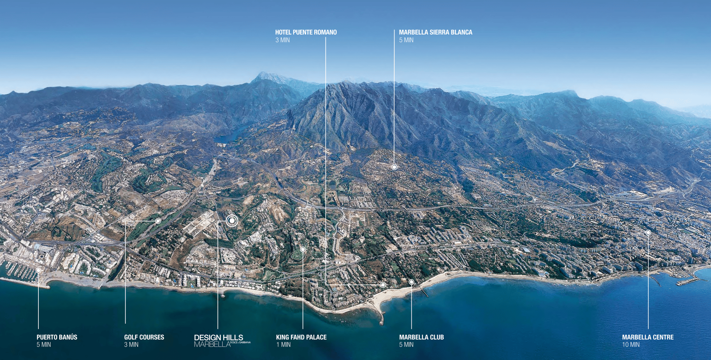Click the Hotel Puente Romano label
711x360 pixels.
point(306,32)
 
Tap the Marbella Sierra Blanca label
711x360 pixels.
point(435,32)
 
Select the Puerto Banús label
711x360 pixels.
point(57,337)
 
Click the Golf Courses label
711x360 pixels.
point(144,337)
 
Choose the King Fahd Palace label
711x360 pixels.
point(301,337)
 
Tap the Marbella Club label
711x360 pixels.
point(421,337)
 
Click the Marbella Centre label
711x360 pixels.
point(647,337)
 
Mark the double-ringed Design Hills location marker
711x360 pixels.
point(232,221)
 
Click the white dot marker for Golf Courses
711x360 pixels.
point(158,221)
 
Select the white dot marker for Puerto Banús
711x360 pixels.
point(38,270)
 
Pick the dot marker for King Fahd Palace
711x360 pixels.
point(303,249)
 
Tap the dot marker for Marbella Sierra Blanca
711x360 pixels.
point(394,167)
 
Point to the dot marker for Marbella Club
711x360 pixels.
point(411,282)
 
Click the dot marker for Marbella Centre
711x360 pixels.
point(648,232)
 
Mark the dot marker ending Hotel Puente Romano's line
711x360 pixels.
point(383,285)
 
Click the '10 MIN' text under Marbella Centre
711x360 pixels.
point(631,345)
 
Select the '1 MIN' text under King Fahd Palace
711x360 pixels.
point(283,345)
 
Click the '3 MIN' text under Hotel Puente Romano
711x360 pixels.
point(282,40)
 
